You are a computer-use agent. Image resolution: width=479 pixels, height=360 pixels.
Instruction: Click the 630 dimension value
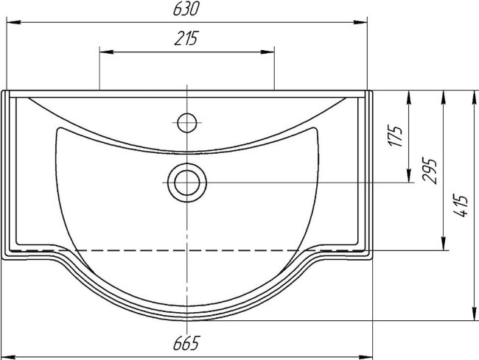pyautogui.click(x=186, y=9)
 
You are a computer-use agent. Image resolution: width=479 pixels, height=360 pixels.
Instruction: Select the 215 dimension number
pyautogui.click(x=186, y=38)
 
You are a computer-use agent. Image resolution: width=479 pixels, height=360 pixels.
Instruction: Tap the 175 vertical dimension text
pyautogui.click(x=395, y=135)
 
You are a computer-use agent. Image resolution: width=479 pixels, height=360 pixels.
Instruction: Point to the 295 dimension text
pyautogui.click(x=429, y=170)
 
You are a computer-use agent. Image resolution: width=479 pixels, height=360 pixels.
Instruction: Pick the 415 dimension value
pyautogui.click(x=461, y=205)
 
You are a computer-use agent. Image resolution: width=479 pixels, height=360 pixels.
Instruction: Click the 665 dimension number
pyautogui.click(x=186, y=343)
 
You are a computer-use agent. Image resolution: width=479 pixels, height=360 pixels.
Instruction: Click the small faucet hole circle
pyautogui.click(x=187, y=123)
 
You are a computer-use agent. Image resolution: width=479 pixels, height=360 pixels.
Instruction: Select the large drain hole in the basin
pyautogui.click(x=187, y=183)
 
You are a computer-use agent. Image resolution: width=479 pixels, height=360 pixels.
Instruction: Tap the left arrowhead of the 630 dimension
pyautogui.click(x=13, y=22)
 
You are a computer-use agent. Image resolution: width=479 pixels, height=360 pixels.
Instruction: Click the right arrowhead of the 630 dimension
pyautogui.click(x=360, y=22)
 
